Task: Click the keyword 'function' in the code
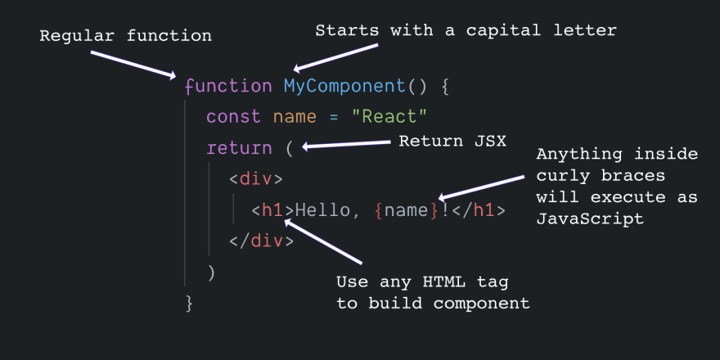(228, 87)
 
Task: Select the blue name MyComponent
(344, 87)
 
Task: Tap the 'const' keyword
(234, 117)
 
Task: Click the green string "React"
(389, 117)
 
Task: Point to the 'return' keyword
(239, 148)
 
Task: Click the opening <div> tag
(256, 178)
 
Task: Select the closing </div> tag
(261, 241)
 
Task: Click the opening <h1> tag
(272, 210)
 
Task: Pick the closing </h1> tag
(479, 210)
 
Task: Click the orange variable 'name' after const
(295, 117)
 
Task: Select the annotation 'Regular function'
(125, 35)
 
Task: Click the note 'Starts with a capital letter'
(466, 31)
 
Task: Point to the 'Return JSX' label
(452, 141)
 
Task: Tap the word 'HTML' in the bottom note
(444, 281)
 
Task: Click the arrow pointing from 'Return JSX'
(347, 144)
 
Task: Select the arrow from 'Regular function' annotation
(133, 65)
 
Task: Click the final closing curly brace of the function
(189, 304)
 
